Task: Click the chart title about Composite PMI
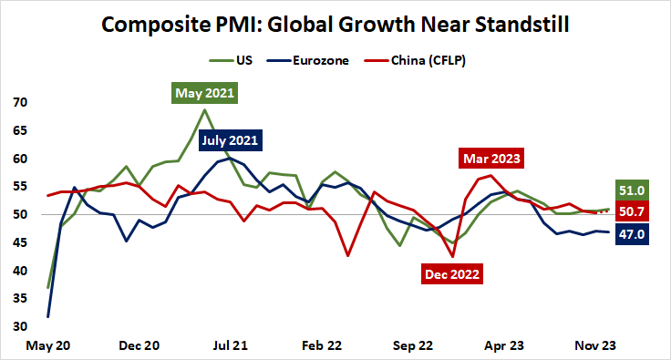pyautogui.click(x=335, y=25)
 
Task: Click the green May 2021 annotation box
pyautogui.click(x=204, y=92)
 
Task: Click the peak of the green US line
pyautogui.click(x=204, y=110)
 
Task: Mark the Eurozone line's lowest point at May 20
pyautogui.click(x=48, y=316)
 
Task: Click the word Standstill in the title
pyautogui.click(x=514, y=25)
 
